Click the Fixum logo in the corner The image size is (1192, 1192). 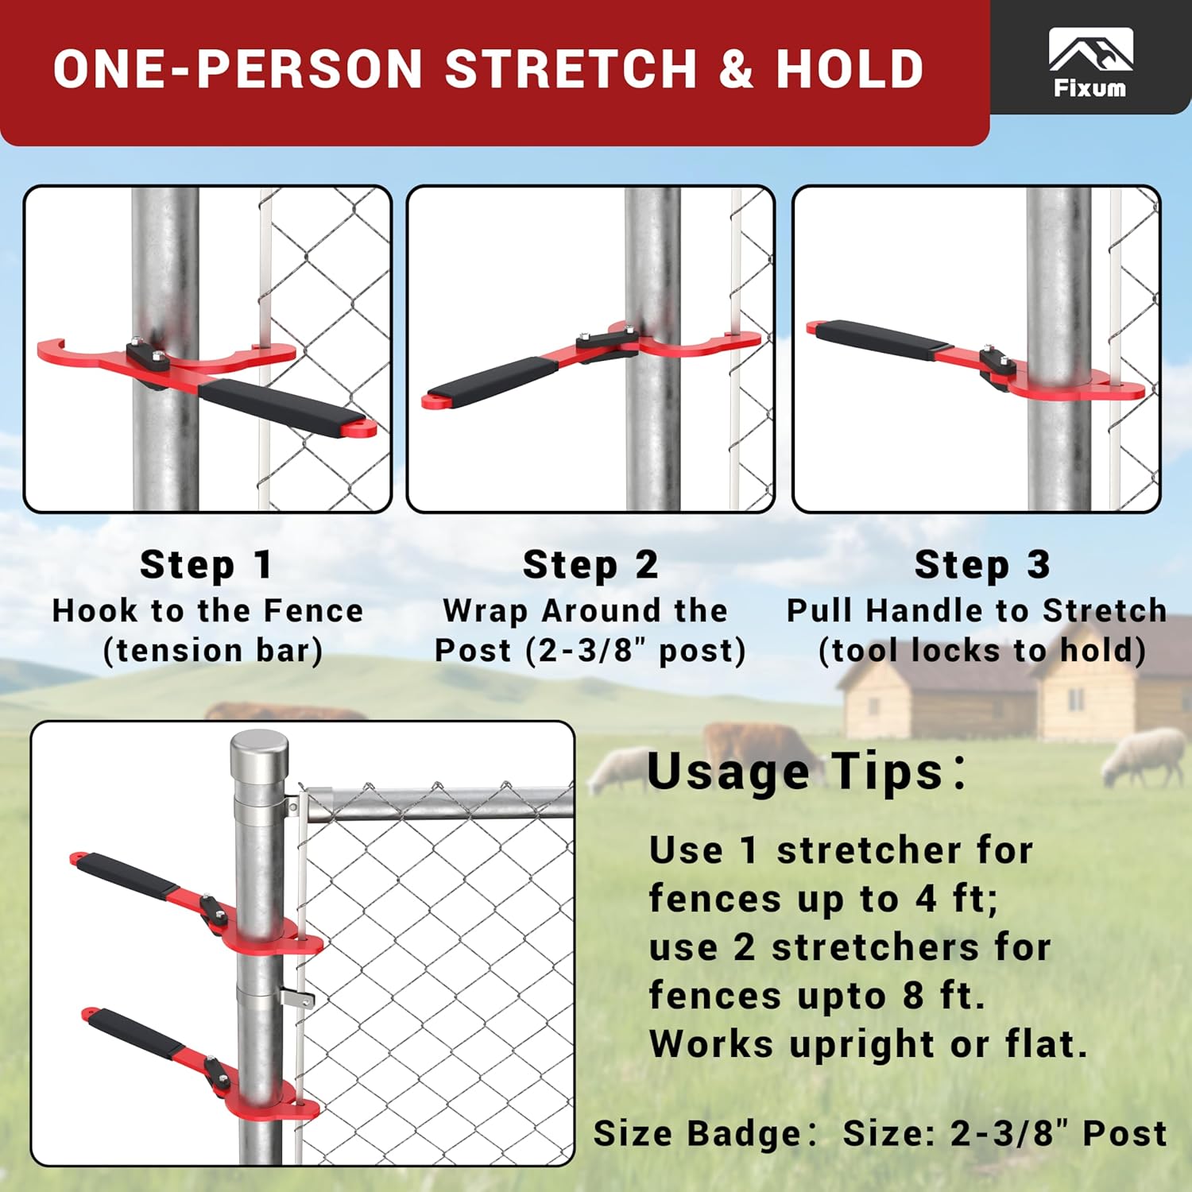[x=1089, y=62]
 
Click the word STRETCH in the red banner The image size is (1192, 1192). [x=571, y=69]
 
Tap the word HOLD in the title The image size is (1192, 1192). [x=849, y=69]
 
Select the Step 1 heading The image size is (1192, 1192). [x=207, y=565]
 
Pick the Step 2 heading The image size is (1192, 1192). [x=590, y=565]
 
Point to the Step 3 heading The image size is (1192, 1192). [x=982, y=565]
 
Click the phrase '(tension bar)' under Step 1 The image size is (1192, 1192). [x=213, y=650]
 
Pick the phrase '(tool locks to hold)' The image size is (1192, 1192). [x=982, y=650]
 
